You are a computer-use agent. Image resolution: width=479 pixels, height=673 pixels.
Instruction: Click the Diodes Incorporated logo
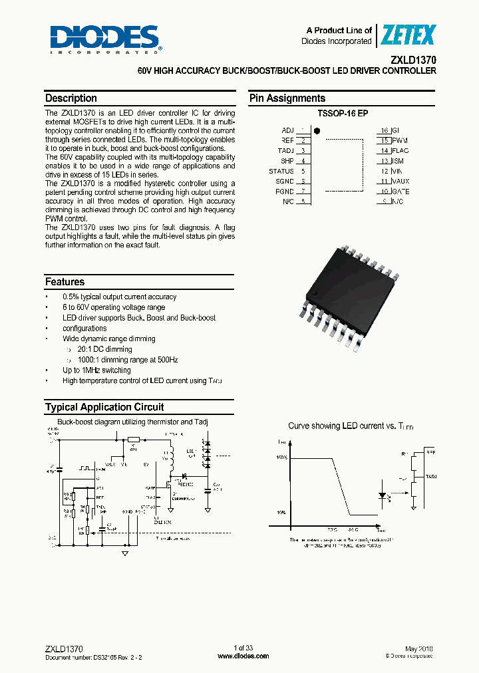[104, 39]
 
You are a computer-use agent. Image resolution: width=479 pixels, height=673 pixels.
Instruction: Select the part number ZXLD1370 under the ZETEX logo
[414, 59]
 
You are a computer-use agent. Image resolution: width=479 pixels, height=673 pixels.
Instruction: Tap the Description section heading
[71, 98]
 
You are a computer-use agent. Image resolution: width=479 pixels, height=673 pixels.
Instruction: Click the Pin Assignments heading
[287, 98]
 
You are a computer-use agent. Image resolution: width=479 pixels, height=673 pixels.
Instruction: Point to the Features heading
[65, 282]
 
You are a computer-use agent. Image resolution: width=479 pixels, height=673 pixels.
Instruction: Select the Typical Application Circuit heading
[104, 407]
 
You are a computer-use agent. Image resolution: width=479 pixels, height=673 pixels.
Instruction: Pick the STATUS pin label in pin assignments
[281, 171]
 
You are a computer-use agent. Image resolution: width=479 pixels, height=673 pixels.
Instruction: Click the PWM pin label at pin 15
[400, 140]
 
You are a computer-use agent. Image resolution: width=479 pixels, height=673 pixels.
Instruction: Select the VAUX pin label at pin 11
[401, 181]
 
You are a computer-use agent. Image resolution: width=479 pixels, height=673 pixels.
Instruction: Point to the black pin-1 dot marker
[317, 131]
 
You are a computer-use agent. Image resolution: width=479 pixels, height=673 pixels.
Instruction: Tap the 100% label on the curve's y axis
[282, 458]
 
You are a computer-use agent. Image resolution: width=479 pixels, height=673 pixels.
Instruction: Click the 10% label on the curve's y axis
[282, 513]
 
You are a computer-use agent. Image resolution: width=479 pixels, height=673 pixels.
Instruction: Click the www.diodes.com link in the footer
[243, 656]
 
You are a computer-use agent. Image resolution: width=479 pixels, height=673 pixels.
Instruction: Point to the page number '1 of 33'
[243, 648]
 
